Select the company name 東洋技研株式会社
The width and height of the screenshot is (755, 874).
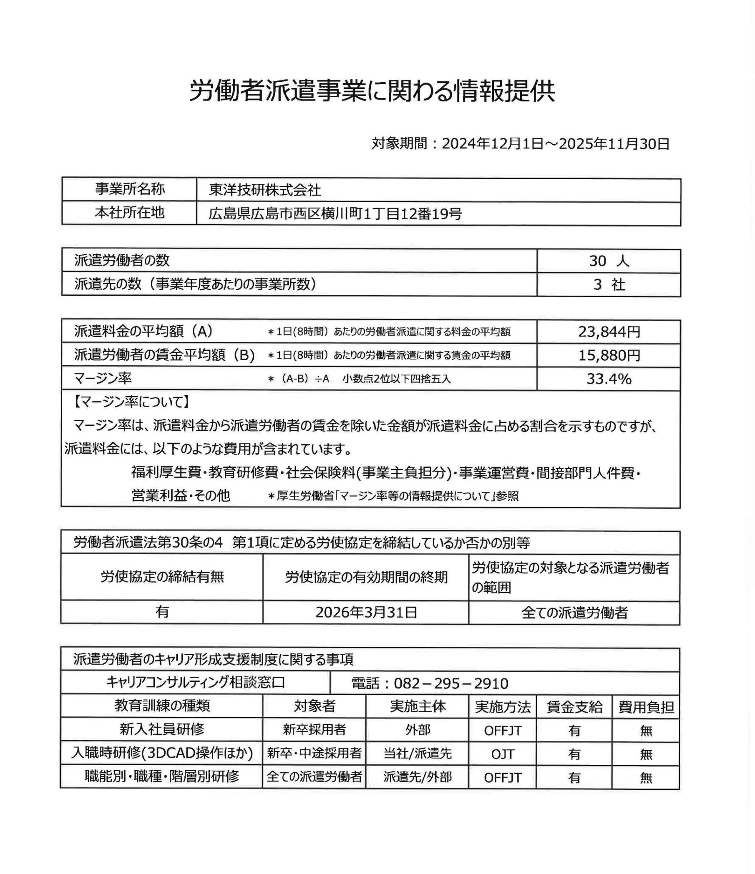264,190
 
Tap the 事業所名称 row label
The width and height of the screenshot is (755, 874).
129,189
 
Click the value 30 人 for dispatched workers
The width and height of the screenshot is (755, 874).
609,261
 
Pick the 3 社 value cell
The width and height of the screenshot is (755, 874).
609,285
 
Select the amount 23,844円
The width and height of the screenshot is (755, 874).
609,332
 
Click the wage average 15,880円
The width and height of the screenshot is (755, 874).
609,356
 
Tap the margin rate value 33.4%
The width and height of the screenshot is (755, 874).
609,379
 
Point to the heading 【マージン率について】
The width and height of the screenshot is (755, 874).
131,402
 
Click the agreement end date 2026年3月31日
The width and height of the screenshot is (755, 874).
366,612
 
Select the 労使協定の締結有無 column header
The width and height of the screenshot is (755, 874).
162,577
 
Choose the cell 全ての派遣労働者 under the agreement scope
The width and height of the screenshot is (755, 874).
574,613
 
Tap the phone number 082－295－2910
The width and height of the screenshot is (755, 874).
430,683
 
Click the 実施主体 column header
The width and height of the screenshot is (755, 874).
418,706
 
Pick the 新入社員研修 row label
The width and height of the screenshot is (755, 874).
162,729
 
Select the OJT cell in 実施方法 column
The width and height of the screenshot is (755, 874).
502,754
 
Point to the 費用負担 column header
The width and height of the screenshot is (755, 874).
646,706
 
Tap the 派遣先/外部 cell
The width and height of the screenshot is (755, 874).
418,777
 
